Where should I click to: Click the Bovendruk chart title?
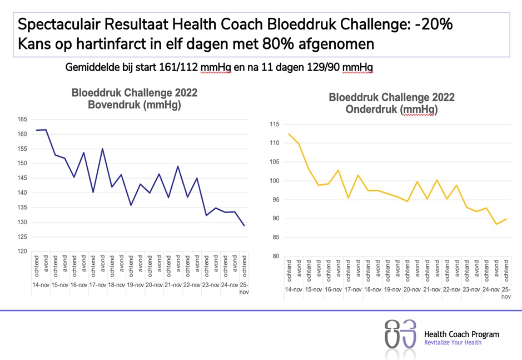[134, 98]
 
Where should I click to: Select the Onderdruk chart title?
[391, 103]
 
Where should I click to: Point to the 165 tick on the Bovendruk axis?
[22, 119]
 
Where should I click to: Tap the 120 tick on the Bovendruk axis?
[22, 251]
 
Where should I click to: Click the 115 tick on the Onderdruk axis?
[274, 124]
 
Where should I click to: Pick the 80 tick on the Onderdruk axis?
[275, 257]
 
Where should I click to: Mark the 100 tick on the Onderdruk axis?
[274, 181]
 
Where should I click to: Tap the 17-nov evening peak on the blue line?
[103, 149]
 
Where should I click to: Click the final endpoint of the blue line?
[244, 225]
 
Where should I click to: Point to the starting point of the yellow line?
[290, 134]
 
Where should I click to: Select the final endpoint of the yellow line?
[506, 219]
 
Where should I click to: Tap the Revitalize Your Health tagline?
[453, 343]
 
